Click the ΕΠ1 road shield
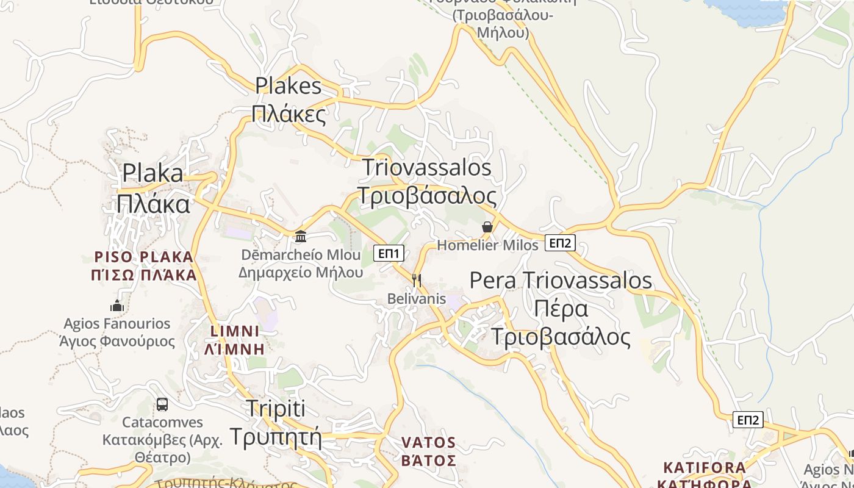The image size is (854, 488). (389, 253)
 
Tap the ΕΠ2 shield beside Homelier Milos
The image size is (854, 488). (560, 243)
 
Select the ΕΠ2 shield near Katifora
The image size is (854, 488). (748, 420)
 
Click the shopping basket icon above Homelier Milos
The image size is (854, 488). (487, 228)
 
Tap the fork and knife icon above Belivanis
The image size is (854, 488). (417, 281)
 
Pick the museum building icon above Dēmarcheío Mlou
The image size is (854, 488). (301, 236)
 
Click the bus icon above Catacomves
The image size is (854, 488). (162, 404)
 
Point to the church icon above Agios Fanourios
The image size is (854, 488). (117, 306)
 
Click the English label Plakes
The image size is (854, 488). (288, 85)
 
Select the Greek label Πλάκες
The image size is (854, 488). (289, 113)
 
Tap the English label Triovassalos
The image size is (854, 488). (427, 167)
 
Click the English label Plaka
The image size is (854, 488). (152, 173)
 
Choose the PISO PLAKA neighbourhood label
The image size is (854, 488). (144, 257)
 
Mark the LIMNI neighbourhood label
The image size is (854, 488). (235, 331)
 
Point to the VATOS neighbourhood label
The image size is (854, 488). (429, 442)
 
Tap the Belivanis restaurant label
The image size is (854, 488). (417, 299)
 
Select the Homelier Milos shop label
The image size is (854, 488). (488, 245)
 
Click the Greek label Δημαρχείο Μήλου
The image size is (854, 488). (301, 272)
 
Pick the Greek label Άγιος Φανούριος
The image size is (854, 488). (117, 341)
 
